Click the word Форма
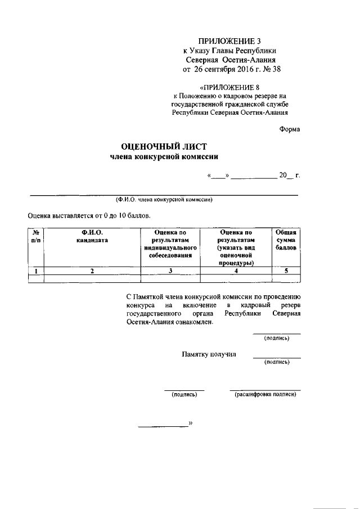point(290,129)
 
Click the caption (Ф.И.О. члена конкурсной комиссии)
point(163,200)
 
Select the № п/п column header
point(35,236)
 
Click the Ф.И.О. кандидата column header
point(92,236)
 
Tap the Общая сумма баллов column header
point(286,240)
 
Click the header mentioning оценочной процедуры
point(236,247)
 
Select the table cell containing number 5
point(286,271)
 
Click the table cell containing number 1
point(35,271)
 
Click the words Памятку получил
point(209,354)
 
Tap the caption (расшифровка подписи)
point(265,395)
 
